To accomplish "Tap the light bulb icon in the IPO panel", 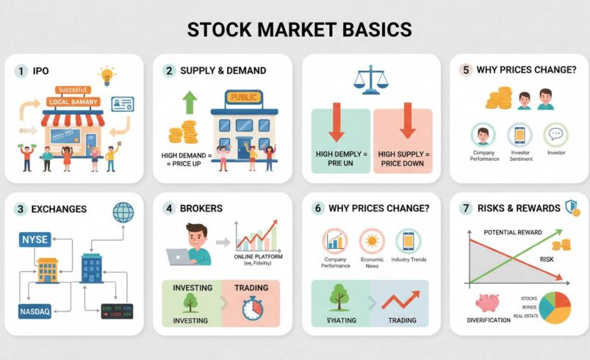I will coord(108,75).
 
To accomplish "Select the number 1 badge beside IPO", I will coord(21,71).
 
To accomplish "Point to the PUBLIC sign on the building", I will coord(245,97).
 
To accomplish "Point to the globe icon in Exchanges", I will coord(123,212).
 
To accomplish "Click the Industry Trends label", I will coord(409,260).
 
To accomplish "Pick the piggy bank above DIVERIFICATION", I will coord(486,301).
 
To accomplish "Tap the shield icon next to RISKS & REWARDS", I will coord(572,208).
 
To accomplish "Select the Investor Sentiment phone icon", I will coord(519,135).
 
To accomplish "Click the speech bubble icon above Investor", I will coord(555,135).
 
